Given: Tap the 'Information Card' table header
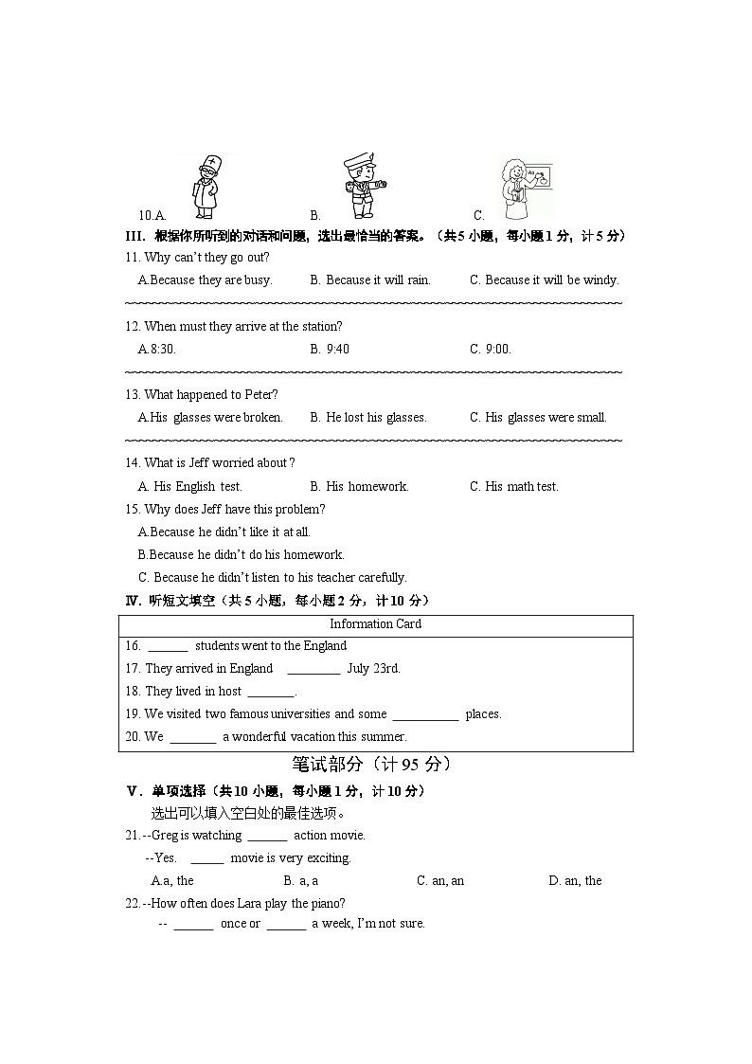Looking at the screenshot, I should pos(375,624).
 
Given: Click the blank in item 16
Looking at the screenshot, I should pos(168,647).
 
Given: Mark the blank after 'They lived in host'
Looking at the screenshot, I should pos(270,693).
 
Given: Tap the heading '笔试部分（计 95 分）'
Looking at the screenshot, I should pos(371,765).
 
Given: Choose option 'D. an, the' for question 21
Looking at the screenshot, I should pos(575,881).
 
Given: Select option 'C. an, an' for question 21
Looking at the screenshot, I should pos(440,881).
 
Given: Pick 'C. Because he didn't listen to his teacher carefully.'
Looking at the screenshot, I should pos(273,578).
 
